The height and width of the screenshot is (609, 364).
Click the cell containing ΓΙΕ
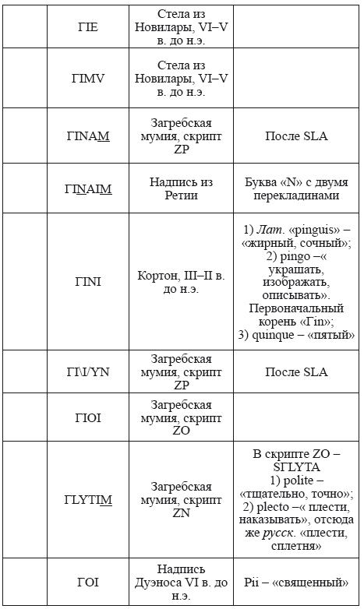pos(88,26)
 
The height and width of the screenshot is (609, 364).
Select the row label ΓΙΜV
pos(88,78)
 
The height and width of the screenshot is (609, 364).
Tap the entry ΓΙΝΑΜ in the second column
pos(88,136)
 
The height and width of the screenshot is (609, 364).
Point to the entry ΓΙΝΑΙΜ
pos(88,188)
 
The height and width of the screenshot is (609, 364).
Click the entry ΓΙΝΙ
pos(88,282)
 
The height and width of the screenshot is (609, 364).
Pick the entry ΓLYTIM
pos(88,499)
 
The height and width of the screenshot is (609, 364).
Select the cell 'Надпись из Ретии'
pos(181,188)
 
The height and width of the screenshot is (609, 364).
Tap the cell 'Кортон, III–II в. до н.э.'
pos(181,282)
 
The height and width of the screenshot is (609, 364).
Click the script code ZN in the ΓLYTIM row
pos(181,513)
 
